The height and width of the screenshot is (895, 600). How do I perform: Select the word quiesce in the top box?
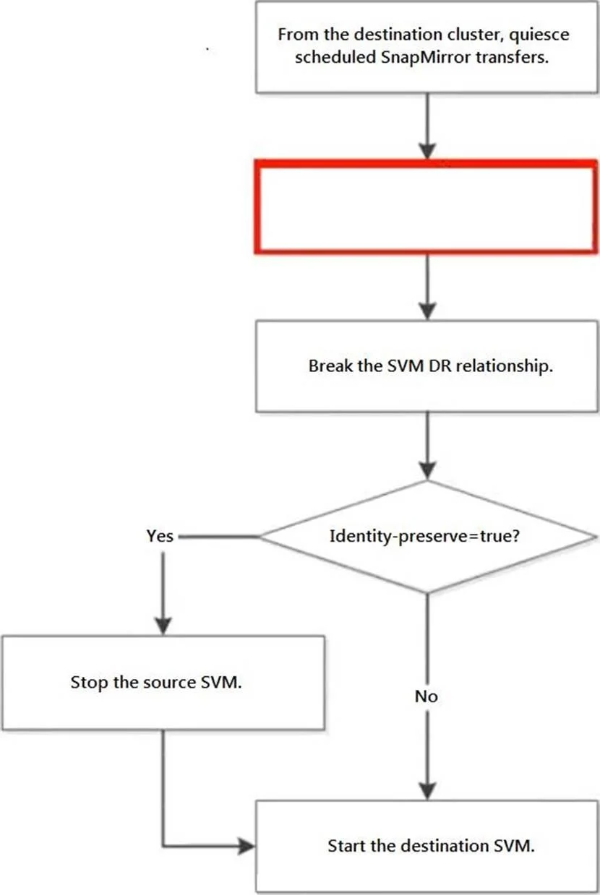click(x=539, y=35)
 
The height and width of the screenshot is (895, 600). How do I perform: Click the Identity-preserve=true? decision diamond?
click(x=427, y=537)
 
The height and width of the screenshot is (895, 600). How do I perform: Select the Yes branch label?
click(x=160, y=536)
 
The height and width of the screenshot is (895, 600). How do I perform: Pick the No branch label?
click(x=427, y=696)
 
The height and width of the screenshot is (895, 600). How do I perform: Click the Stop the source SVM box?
click(x=163, y=683)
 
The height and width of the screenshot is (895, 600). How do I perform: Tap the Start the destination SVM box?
click(x=427, y=847)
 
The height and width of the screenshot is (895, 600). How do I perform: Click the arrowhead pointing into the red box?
click(x=427, y=151)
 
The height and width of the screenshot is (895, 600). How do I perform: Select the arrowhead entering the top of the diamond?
click(x=427, y=471)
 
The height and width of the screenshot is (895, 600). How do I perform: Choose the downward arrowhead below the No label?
click(x=427, y=791)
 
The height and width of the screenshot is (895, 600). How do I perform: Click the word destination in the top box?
click(x=399, y=35)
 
